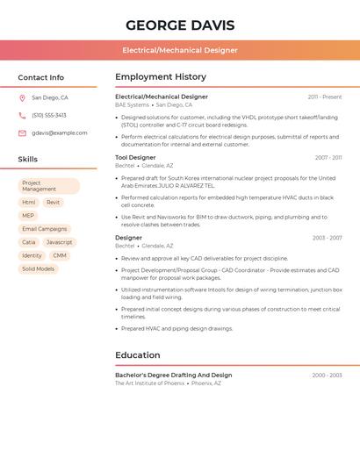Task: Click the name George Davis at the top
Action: (x=179, y=25)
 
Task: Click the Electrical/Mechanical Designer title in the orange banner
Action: (x=179, y=50)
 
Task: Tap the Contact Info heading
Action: (x=40, y=77)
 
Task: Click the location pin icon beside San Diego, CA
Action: (x=22, y=98)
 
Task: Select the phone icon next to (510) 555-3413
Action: (x=22, y=115)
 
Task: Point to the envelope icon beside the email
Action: (x=22, y=133)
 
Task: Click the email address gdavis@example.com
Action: (x=60, y=133)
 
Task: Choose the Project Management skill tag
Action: (x=48, y=186)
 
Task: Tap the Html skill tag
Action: (x=29, y=203)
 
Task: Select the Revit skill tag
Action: (x=54, y=203)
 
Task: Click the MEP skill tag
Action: (x=28, y=216)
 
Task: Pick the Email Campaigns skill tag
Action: (x=45, y=229)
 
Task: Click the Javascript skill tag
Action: (x=60, y=242)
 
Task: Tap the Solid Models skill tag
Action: (x=39, y=269)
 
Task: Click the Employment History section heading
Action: (x=161, y=77)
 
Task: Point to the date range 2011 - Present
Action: (x=324, y=97)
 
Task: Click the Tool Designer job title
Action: (x=135, y=158)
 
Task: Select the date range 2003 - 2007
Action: (x=327, y=238)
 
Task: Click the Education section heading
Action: (x=138, y=355)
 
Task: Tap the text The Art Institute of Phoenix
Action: (x=150, y=383)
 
